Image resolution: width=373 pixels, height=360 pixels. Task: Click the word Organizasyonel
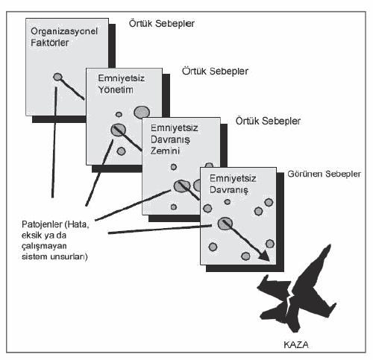[x=64, y=32]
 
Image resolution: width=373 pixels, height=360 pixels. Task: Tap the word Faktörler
[x=50, y=42]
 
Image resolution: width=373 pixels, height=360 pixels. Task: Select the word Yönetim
[x=116, y=89]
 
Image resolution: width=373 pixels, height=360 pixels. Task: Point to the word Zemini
[x=165, y=151]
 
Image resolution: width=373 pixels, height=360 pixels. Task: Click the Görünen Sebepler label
[x=324, y=174]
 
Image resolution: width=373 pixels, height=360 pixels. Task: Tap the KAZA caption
[x=296, y=345]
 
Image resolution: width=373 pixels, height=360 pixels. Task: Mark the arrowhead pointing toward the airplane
[x=264, y=256]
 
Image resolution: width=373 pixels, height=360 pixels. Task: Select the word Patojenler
[x=42, y=224]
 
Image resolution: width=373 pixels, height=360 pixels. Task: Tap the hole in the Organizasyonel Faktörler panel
[x=57, y=77]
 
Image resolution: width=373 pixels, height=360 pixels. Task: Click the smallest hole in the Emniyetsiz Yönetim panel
[x=119, y=114]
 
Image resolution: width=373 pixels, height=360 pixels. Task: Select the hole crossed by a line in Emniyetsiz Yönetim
[x=118, y=130]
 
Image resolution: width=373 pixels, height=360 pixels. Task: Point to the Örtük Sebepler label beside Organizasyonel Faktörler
[x=162, y=24]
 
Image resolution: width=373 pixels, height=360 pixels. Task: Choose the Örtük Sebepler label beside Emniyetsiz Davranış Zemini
[x=268, y=121]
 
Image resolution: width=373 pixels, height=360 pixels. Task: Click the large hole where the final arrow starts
[x=225, y=224]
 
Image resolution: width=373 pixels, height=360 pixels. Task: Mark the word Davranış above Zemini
[x=170, y=139]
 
